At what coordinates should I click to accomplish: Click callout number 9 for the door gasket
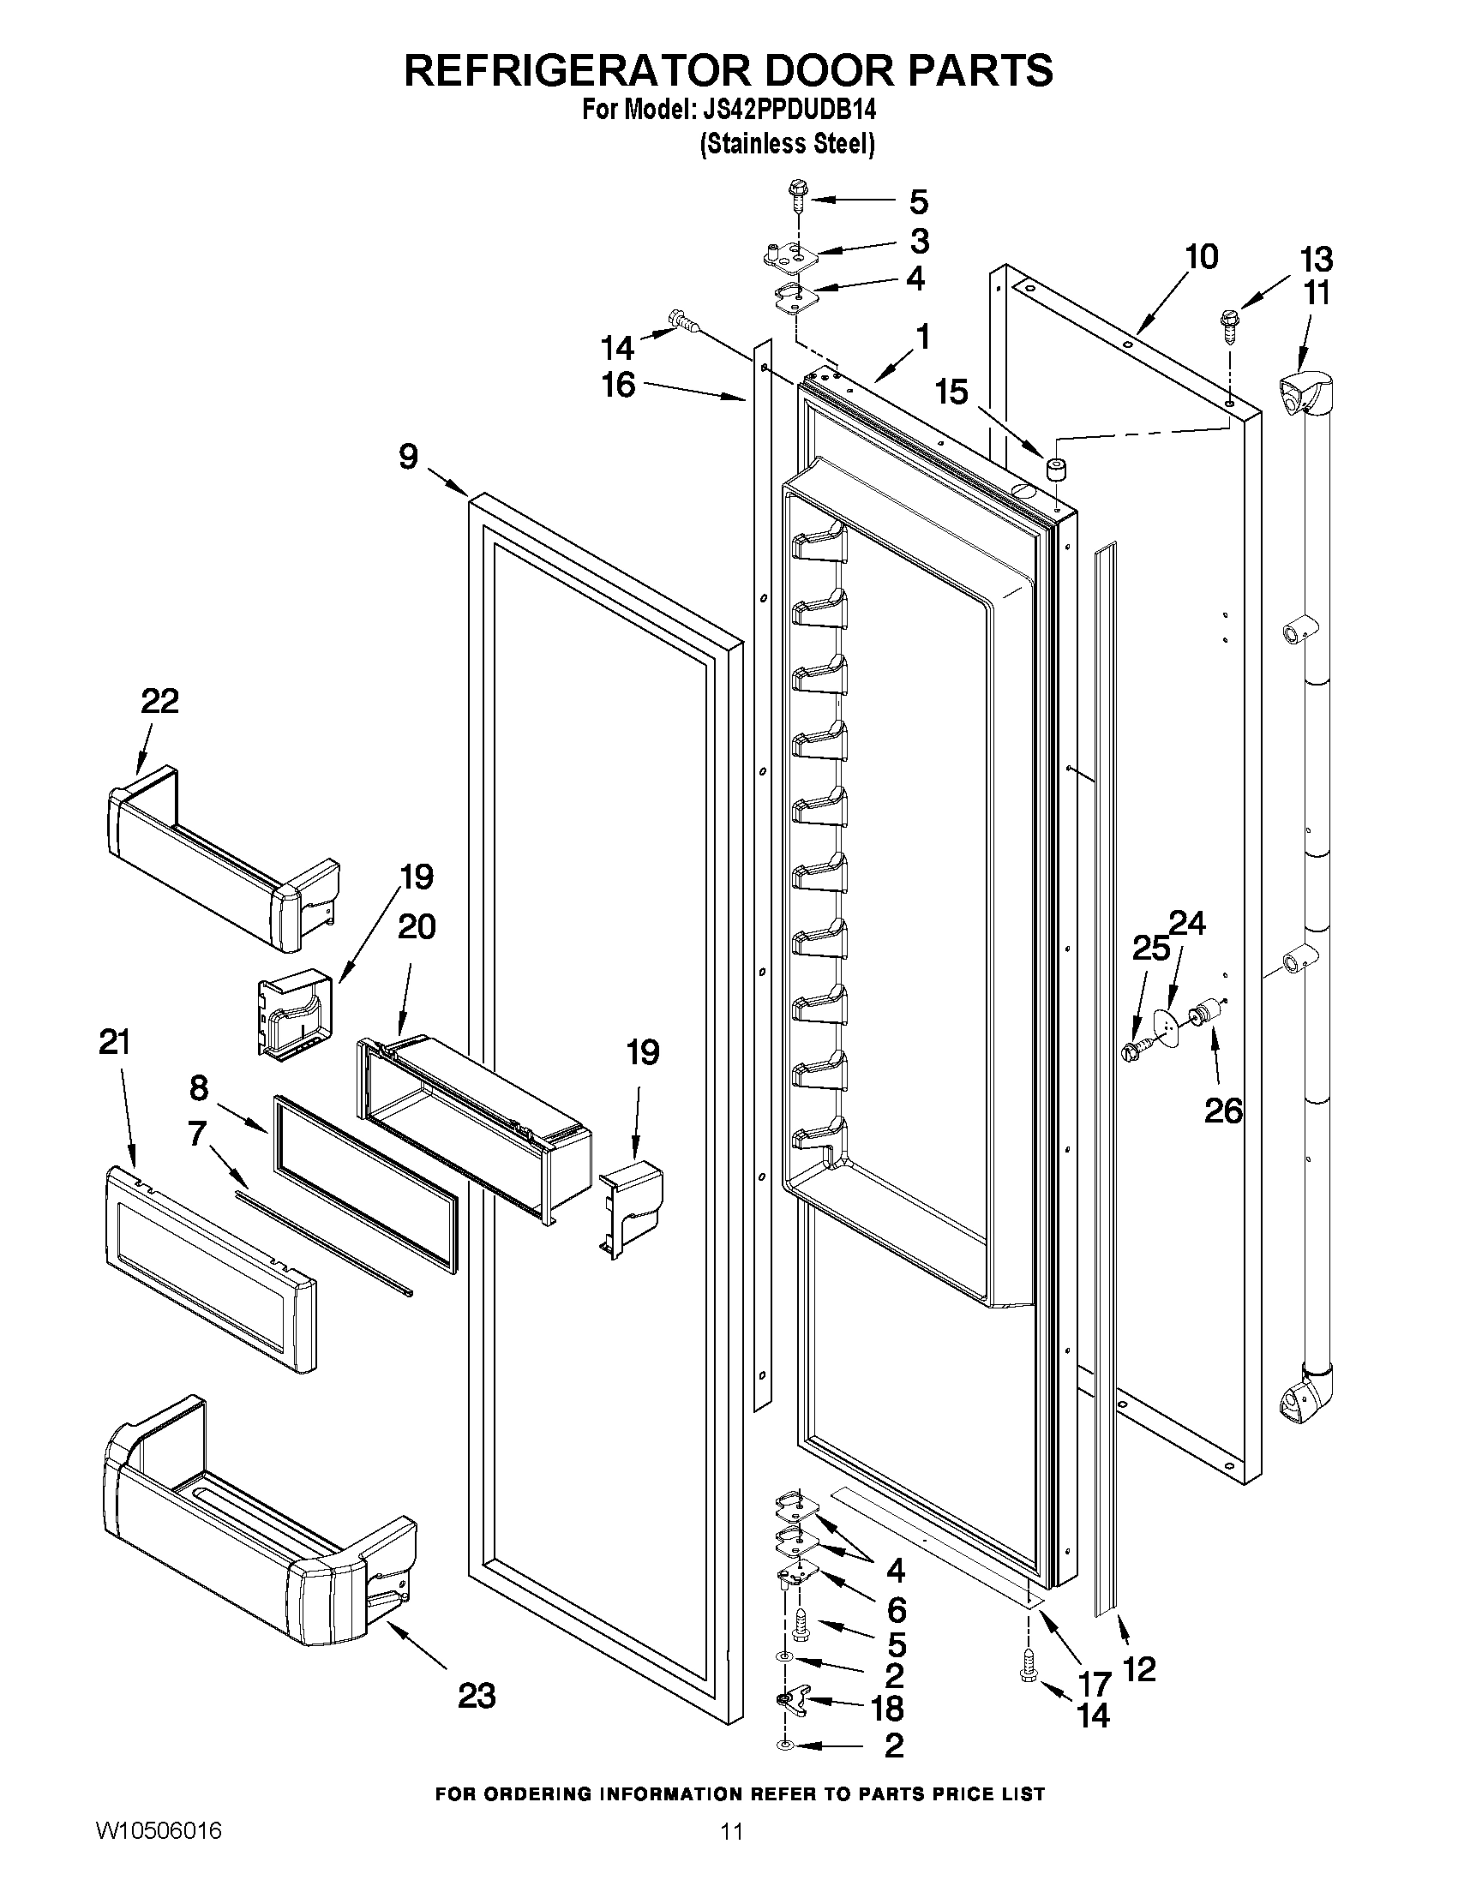(409, 457)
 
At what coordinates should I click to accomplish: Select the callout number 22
(159, 700)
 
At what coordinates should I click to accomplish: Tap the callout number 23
(477, 1696)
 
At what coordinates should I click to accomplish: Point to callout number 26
(1224, 1111)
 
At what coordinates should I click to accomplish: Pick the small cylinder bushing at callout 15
(1053, 469)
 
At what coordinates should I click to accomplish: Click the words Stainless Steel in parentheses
(787, 143)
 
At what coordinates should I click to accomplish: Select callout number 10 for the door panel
(1202, 256)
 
